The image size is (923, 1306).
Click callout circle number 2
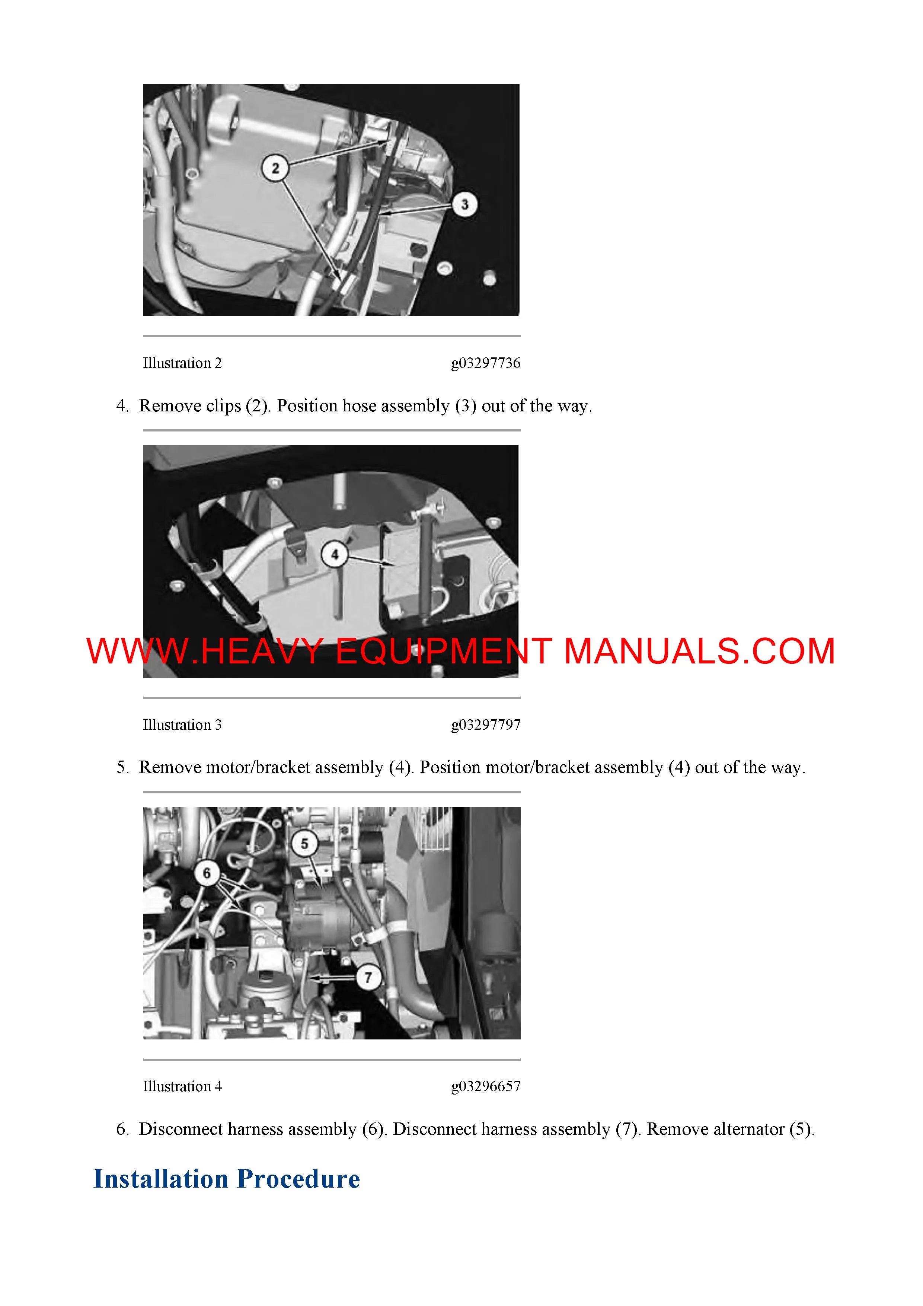coord(275,168)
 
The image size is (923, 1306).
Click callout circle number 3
coord(464,204)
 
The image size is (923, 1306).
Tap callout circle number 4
coord(334,555)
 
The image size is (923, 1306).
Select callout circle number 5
coord(304,844)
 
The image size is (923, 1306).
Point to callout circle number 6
coord(207,873)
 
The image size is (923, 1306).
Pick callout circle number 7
coord(368,977)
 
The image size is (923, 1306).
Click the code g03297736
coord(486,363)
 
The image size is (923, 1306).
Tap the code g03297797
coord(486,725)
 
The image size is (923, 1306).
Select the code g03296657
coord(486,1086)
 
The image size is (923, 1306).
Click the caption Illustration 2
coord(182,363)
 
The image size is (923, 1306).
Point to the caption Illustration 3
coord(182,725)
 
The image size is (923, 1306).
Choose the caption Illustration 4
coord(182,1086)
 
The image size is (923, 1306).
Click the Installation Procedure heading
coord(226,1179)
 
